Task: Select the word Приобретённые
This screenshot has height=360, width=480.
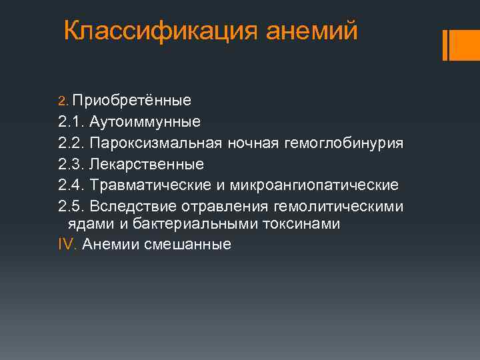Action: click(x=132, y=100)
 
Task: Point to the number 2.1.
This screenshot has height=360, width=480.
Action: click(x=70, y=121)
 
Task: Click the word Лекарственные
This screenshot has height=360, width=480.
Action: click(x=147, y=163)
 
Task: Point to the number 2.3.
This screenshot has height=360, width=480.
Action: click(x=71, y=163)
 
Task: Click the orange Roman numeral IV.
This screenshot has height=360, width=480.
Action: click(x=67, y=244)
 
